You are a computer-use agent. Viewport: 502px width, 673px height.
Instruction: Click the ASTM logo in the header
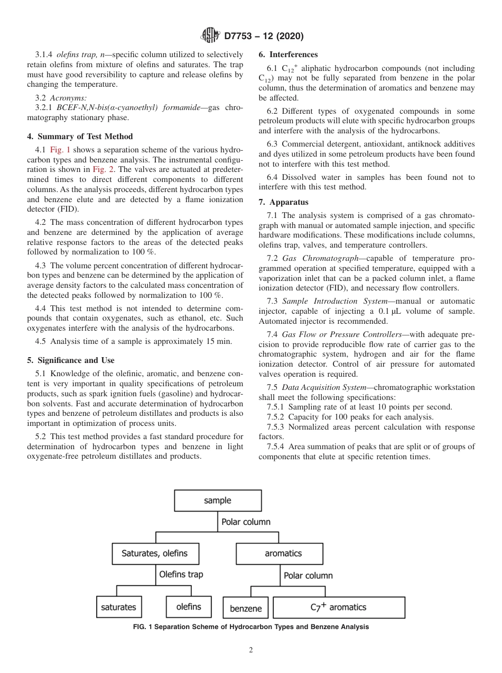click(210, 37)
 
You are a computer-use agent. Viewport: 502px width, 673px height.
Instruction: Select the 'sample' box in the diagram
click(218, 501)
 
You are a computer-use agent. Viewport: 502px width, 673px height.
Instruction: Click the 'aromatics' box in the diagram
click(283, 553)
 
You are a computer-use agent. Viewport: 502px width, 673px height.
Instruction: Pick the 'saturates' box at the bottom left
click(118, 607)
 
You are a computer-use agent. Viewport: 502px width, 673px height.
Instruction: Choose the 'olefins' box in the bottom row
click(189, 607)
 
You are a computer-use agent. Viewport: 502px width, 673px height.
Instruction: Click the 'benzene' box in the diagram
click(246, 608)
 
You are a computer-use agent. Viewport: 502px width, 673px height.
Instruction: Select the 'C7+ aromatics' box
click(338, 607)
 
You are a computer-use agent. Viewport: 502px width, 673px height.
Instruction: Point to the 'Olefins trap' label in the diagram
click(181, 574)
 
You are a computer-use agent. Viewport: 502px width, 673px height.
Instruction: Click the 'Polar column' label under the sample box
click(246, 522)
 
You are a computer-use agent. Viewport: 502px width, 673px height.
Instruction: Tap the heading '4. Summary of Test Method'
click(80, 137)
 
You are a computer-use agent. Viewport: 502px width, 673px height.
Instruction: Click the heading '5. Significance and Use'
click(70, 360)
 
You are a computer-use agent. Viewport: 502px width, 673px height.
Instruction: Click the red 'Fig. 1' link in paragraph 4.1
click(60, 150)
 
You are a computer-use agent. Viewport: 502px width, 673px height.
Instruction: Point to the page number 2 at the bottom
click(251, 650)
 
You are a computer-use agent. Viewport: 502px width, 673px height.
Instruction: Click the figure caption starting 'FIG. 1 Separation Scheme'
click(251, 627)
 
